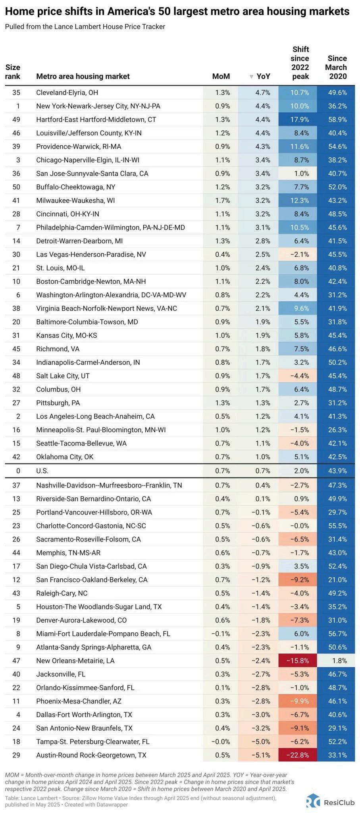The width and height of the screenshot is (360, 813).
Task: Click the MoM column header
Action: point(221,77)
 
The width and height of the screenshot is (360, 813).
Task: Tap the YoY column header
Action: point(263,77)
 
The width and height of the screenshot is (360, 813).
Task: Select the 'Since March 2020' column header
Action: point(336,67)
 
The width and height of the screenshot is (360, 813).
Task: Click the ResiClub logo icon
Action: point(313,800)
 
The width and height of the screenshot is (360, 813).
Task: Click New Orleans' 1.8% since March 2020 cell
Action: point(336,661)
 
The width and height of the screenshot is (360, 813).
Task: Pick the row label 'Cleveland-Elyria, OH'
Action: point(67,92)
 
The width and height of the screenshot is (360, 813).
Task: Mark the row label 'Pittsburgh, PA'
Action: point(58,403)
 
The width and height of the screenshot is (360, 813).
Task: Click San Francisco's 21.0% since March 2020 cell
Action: point(336,580)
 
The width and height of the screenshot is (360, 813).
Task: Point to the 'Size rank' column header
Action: point(13,72)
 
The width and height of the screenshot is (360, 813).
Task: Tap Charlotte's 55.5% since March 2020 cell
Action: point(336,526)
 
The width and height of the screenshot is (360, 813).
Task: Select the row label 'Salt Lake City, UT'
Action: point(63,376)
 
